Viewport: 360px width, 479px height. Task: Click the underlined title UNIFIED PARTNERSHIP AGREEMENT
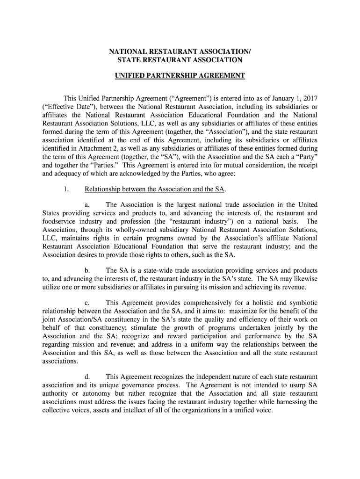pyautogui.click(x=180, y=76)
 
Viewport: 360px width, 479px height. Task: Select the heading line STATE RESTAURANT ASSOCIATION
pyautogui.click(x=180, y=60)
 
